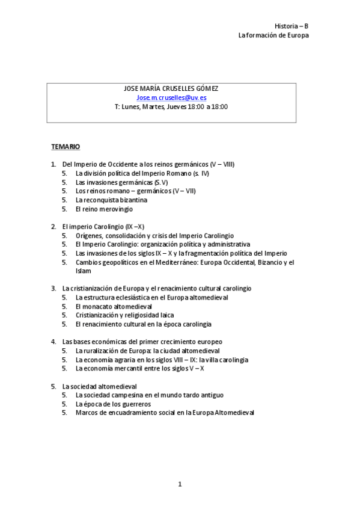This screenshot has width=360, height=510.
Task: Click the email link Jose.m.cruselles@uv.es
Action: click(x=171, y=97)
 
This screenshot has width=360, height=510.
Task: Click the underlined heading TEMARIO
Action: click(x=66, y=147)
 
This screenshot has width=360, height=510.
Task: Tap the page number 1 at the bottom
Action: click(x=180, y=484)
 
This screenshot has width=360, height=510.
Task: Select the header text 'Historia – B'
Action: click(x=291, y=26)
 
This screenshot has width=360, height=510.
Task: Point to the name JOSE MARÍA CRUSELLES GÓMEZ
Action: click(x=171, y=88)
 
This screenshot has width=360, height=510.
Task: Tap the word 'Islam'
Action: click(x=84, y=271)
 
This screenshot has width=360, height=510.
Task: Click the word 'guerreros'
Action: click(x=135, y=404)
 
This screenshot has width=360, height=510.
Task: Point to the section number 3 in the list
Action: click(x=53, y=289)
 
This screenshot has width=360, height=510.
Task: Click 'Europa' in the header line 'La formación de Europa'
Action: click(x=298, y=35)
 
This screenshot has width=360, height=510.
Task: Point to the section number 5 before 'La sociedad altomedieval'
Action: click(x=53, y=386)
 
